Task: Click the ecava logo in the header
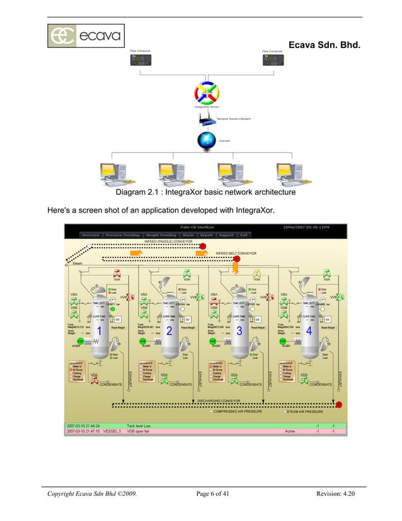tap(86, 36)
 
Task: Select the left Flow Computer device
tap(140, 61)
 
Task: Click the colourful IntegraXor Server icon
tap(206, 93)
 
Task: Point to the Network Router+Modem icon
tap(206, 119)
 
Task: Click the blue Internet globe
tap(206, 141)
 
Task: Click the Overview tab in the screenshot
tap(90, 235)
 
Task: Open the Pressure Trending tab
tap(122, 235)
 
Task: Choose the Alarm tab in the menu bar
tap(188, 235)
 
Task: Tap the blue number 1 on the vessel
tap(99, 331)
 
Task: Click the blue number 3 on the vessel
tap(239, 331)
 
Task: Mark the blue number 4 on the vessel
tap(309, 331)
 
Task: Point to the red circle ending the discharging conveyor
tap(338, 405)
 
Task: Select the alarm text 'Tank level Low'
tap(139, 426)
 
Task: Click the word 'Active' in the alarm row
tap(290, 431)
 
